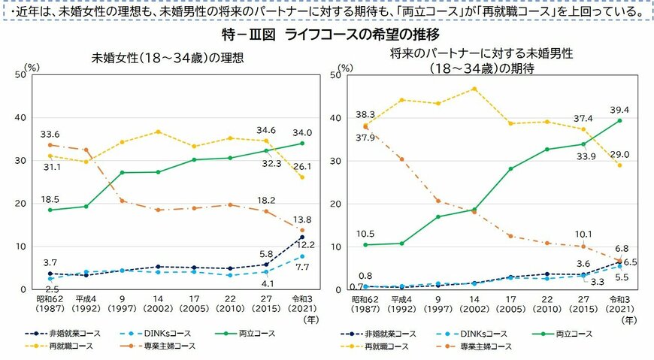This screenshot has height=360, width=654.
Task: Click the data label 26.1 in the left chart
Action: coord(302,166)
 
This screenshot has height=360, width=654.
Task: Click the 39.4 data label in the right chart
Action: coord(619,110)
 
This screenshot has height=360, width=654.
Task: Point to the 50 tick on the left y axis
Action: coord(20,75)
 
